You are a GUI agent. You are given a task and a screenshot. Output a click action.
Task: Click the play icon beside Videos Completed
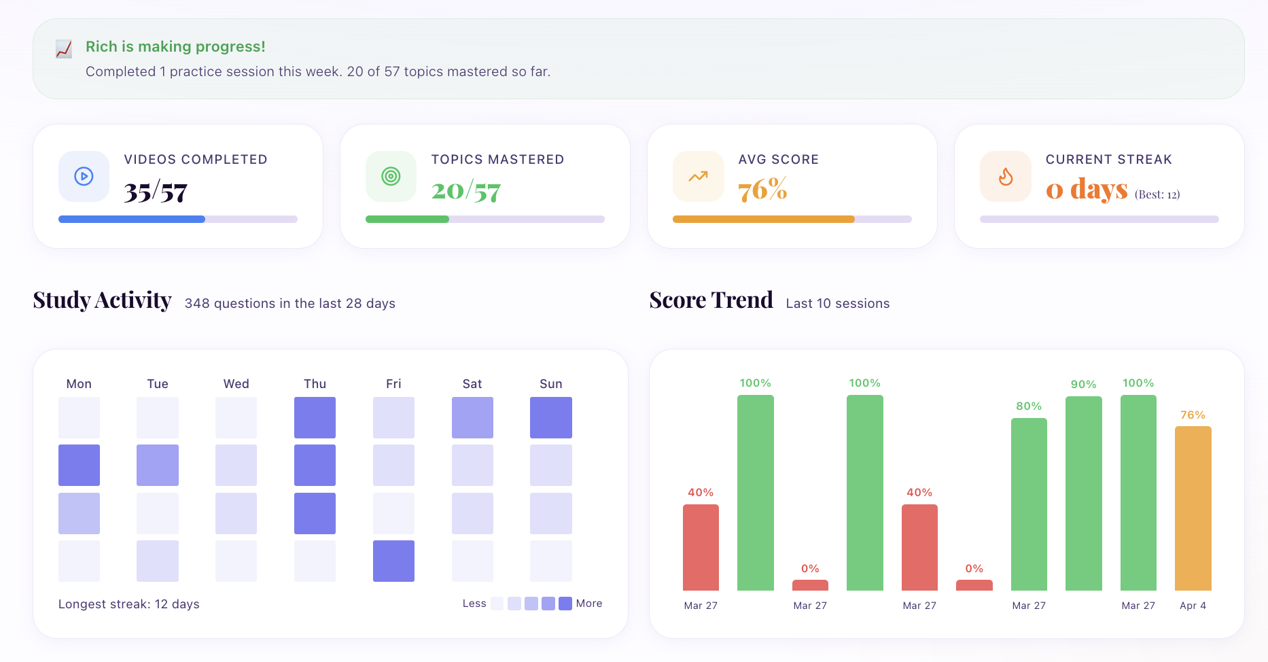[84, 177]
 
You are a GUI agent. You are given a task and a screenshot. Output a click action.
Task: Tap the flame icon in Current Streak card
[1006, 177]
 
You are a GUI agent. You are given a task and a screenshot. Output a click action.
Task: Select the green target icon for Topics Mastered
[391, 177]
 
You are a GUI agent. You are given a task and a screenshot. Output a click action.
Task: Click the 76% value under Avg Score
[762, 190]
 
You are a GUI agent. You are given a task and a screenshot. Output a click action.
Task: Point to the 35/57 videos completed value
[156, 192]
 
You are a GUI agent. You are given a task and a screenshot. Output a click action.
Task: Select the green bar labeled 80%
[1029, 504]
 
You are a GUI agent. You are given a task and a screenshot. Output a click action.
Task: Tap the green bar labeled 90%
[1083, 493]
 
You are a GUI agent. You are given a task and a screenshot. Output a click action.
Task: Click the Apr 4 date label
[1193, 605]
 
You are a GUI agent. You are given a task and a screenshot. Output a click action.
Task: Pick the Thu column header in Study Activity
[315, 384]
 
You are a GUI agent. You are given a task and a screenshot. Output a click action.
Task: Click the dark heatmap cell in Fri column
[393, 561]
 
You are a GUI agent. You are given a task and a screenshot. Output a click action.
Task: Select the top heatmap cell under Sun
[550, 417]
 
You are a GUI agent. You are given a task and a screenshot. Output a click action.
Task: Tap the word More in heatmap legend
[589, 604]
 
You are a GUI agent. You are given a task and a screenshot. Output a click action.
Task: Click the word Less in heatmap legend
[474, 604]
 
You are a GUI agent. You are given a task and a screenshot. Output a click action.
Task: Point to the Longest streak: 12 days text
[129, 604]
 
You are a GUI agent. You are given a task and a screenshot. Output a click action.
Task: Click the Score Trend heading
[711, 300]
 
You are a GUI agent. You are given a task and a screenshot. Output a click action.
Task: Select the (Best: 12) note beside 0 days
[1157, 195]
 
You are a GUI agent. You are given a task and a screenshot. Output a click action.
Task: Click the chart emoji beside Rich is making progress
[64, 49]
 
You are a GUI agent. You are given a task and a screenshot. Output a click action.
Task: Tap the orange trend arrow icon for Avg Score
[698, 177]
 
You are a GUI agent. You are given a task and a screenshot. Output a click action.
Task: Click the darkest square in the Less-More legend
[565, 604]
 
